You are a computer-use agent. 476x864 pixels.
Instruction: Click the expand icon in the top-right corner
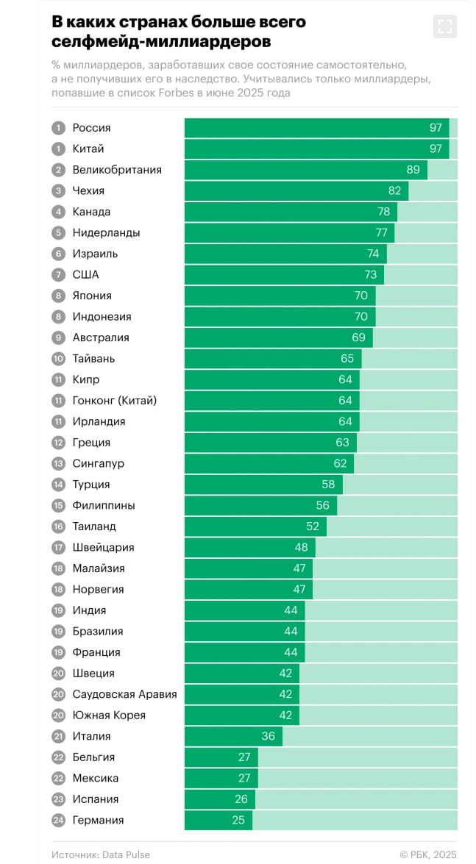coord(444,27)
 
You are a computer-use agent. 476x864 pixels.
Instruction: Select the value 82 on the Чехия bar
coord(395,190)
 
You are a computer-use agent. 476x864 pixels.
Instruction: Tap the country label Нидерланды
coord(106,232)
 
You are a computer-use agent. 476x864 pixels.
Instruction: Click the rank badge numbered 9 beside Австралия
coord(58,338)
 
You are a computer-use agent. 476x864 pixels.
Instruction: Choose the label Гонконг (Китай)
coord(115,401)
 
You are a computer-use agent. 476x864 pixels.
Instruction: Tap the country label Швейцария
coord(103,547)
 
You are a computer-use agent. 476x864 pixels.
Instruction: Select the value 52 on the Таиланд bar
coord(313,526)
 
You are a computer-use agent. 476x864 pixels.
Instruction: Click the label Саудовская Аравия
coord(124,694)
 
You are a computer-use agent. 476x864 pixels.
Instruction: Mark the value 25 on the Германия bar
coord(238,820)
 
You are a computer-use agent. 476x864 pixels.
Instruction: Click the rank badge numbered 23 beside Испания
coord(58,799)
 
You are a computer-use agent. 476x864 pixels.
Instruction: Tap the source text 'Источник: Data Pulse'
coord(100,854)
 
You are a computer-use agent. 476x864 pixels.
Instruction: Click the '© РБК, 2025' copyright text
coord(428,854)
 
